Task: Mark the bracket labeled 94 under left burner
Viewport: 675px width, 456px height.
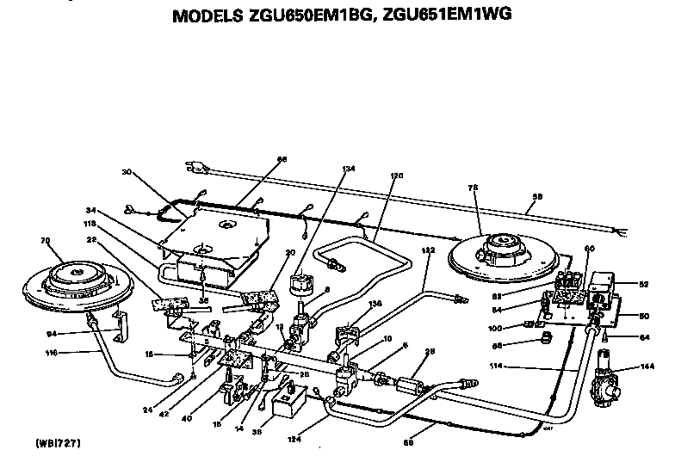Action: tap(123, 325)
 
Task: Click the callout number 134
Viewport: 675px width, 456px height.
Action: tap(347, 169)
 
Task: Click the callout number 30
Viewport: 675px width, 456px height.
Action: tap(127, 171)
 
